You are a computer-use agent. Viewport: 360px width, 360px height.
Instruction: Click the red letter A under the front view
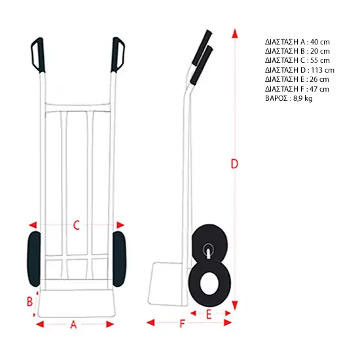pyautogui.click(x=73, y=325)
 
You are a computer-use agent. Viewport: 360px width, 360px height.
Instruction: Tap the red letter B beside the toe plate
pyautogui.click(x=29, y=302)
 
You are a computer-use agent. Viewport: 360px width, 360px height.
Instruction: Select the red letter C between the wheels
pyautogui.click(x=77, y=225)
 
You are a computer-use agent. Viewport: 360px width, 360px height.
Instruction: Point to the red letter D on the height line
pyautogui.click(x=234, y=164)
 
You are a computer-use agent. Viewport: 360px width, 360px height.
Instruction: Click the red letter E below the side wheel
pyautogui.click(x=209, y=315)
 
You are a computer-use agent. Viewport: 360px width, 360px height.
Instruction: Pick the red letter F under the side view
pyautogui.click(x=182, y=324)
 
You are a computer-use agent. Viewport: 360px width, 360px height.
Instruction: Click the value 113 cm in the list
pyautogui.click(x=323, y=70)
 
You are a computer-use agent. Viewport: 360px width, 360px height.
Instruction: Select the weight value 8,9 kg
pyautogui.click(x=303, y=98)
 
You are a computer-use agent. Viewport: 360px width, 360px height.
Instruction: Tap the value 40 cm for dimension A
pyautogui.click(x=320, y=42)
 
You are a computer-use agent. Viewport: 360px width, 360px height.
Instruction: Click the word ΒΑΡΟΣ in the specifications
pyautogui.click(x=276, y=98)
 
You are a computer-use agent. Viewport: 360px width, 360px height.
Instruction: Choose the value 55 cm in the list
pyautogui.click(x=320, y=60)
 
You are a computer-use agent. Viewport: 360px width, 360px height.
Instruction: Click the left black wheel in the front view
pyautogui.click(x=34, y=259)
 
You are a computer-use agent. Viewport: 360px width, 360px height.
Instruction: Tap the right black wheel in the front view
pyautogui.click(x=119, y=259)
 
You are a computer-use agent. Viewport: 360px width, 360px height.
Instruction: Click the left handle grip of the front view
pyautogui.click(x=38, y=55)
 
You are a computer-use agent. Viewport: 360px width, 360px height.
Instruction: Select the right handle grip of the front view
pyautogui.click(x=118, y=54)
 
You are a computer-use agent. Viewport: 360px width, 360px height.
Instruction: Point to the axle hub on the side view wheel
pyautogui.click(x=208, y=249)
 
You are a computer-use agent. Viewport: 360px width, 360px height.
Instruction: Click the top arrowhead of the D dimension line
pyautogui.click(x=234, y=33)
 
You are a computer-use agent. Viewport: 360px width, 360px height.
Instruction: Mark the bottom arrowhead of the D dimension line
pyautogui.click(x=234, y=305)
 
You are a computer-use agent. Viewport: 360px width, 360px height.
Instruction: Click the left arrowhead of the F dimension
pyautogui.click(x=151, y=323)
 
